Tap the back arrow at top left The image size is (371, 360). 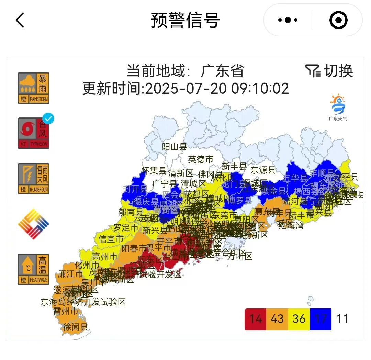click(x=20, y=20)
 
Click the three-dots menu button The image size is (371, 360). click(x=288, y=20)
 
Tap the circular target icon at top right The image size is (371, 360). click(x=338, y=20)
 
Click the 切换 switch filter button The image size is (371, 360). click(x=329, y=71)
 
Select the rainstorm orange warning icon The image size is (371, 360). click(x=34, y=88)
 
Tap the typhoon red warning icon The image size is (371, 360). click(x=34, y=133)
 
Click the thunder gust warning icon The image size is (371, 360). click(x=34, y=179)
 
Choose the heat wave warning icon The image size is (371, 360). click(x=34, y=269)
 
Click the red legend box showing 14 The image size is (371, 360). click(x=255, y=319)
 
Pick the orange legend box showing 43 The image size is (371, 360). click(x=277, y=319)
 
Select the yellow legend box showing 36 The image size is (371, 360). click(x=299, y=319)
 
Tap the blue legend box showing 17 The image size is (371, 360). click(x=321, y=319)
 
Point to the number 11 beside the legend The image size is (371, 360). click(x=342, y=319)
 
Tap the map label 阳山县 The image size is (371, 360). click(x=175, y=147)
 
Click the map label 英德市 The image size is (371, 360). click(x=201, y=159)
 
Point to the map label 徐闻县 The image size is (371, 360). click(x=75, y=327)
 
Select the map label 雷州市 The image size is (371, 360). click(x=66, y=311)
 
